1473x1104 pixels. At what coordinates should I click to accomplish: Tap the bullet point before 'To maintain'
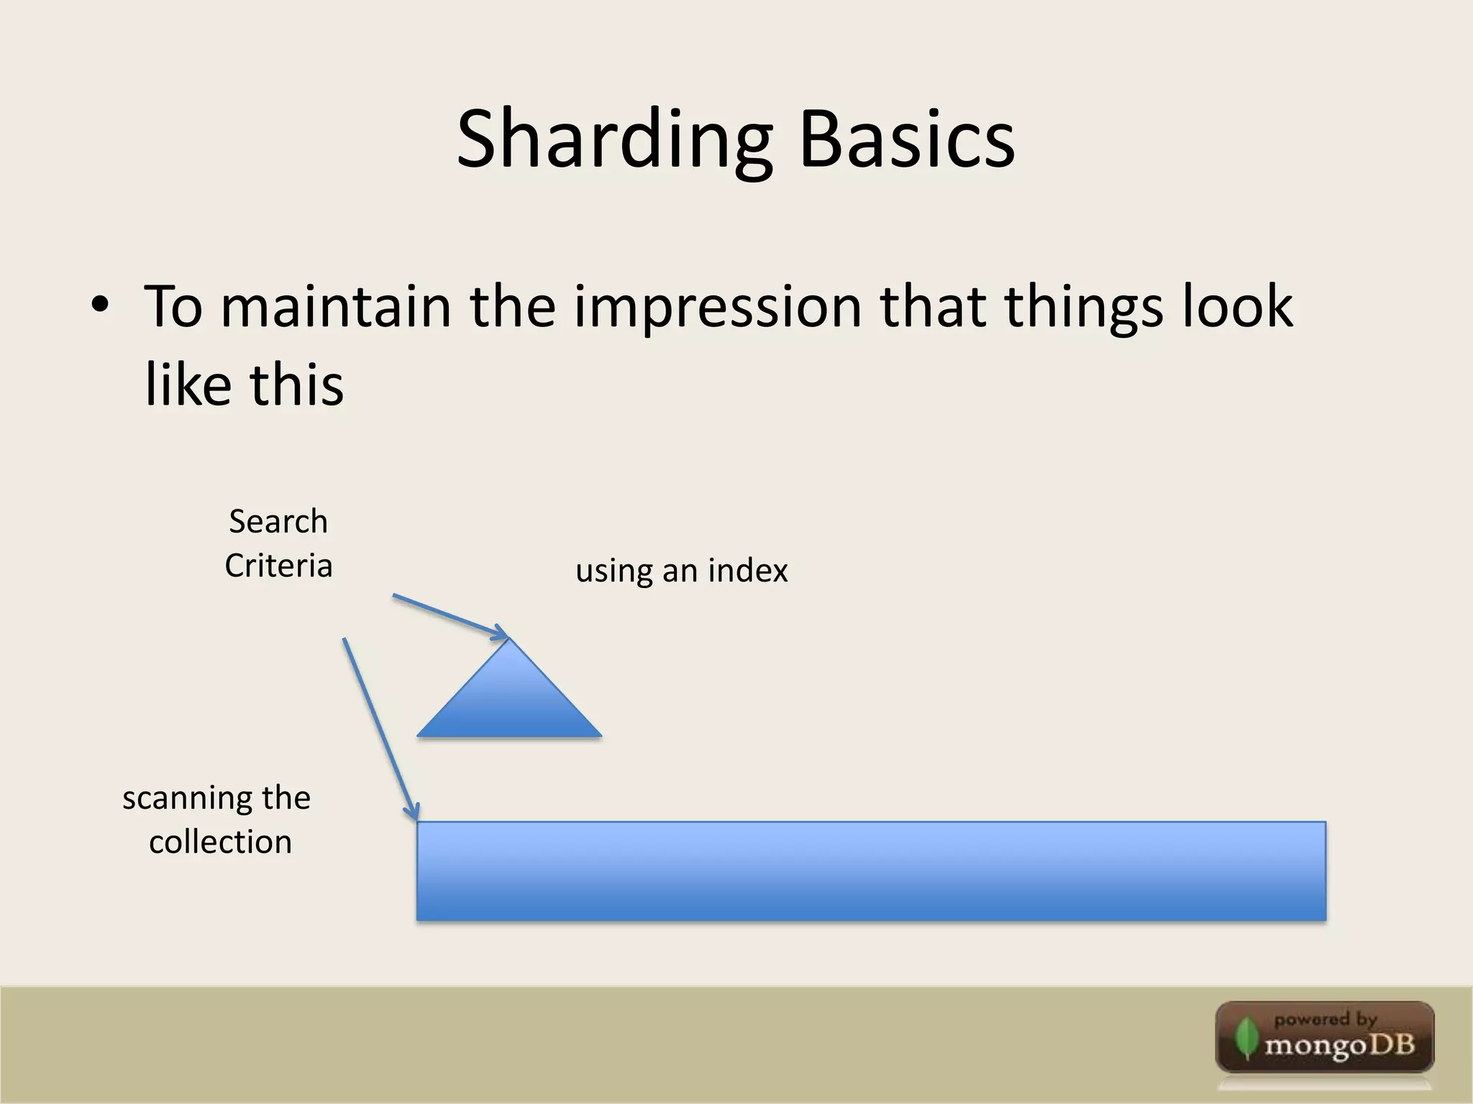pos(100,305)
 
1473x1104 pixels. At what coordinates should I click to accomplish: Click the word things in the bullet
pos(1083,307)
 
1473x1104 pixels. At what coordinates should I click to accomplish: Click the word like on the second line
pos(188,385)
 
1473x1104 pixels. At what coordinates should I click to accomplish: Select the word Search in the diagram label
pos(278,521)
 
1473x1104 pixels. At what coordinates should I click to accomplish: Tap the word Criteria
pos(278,566)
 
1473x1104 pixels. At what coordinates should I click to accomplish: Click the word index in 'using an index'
pos(748,571)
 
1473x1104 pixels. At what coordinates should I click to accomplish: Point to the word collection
pos(220,842)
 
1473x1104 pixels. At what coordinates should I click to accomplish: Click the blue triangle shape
pos(509,701)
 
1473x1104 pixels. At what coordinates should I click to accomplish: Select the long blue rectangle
pos(870,870)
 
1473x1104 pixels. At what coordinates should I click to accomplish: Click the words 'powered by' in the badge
pos(1325,1019)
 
